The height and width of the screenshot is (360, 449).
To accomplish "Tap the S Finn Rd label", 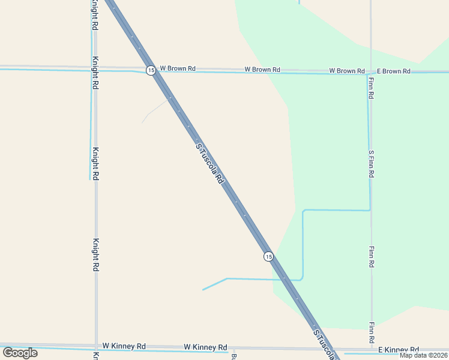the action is coord(372,164).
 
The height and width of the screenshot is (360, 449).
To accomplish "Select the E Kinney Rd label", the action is coord(398,350).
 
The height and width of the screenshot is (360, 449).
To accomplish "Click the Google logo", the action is coord(20,352).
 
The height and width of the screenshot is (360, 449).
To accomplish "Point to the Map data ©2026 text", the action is coord(424,355).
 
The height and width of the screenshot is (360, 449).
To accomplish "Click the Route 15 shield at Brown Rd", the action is coord(150,70).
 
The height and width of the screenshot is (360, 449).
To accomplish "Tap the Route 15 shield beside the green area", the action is coord(268,256).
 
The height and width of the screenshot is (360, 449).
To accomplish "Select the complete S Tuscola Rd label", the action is coord(210,163).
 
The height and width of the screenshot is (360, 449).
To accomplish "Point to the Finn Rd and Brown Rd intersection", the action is coord(370,71).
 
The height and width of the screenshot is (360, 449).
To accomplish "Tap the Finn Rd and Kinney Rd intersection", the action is coord(373,349).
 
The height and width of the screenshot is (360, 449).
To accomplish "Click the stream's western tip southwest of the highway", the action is coord(203,290).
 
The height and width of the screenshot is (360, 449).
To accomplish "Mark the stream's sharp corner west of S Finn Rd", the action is coord(304,211).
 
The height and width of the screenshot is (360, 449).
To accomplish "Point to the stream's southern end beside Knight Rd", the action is coord(90,179).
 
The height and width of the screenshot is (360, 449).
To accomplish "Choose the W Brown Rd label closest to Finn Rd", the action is coord(346,71).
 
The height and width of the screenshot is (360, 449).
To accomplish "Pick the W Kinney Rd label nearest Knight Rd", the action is coord(124,346).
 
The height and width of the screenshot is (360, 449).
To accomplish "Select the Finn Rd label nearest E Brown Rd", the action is coord(372,88).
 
